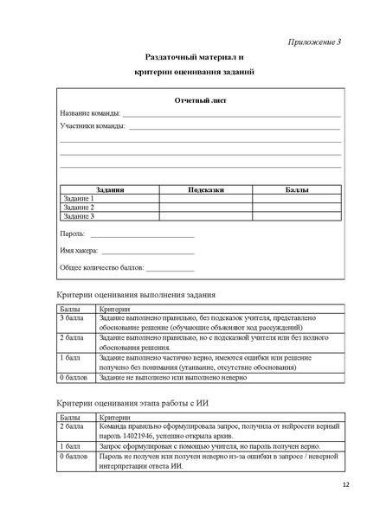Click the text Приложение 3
pos(313,42)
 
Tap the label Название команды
pos(89,114)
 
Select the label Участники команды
pos(92,126)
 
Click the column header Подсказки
pos(205,189)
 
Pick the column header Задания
pos(110,189)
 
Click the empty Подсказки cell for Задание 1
pos(205,198)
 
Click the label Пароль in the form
pos(72,234)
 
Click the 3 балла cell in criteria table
pos(71,318)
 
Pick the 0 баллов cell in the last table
pos(73,455)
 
